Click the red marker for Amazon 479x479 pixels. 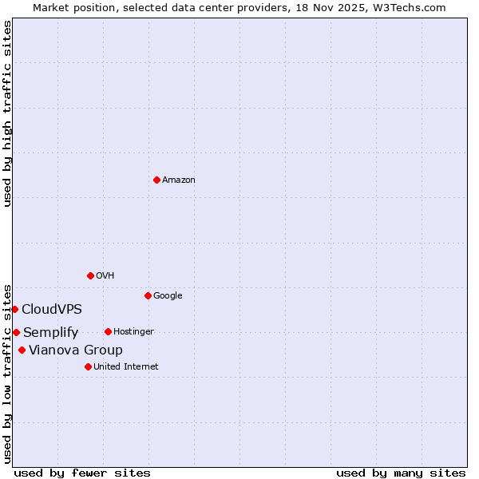pyautogui.click(x=156, y=180)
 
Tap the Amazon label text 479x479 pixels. pyautogui.click(x=179, y=180)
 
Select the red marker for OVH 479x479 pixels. pyautogui.click(x=90, y=275)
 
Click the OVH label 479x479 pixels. pyautogui.click(x=105, y=276)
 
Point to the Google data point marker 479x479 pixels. pyautogui.click(x=148, y=295)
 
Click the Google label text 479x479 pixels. pyautogui.click(x=168, y=296)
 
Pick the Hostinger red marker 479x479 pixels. pyautogui.click(x=108, y=331)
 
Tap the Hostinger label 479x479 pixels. pyautogui.click(x=133, y=332)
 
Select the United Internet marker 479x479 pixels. pyautogui.click(x=88, y=366)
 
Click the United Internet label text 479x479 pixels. pyautogui.click(x=126, y=367)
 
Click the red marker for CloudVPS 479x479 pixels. pyautogui.click(x=14, y=309)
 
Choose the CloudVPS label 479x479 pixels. pyautogui.click(x=52, y=310)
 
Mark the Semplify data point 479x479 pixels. pyautogui.click(x=16, y=332)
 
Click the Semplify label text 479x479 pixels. pyautogui.click(x=51, y=333)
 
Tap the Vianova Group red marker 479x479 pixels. pyautogui.click(x=22, y=350)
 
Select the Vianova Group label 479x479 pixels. pyautogui.click(x=76, y=350)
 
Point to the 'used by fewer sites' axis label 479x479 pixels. pyautogui.click(x=82, y=473)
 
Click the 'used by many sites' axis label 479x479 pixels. pyautogui.click(x=401, y=473)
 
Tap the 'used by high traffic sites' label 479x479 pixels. pyautogui.click(x=7, y=113)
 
